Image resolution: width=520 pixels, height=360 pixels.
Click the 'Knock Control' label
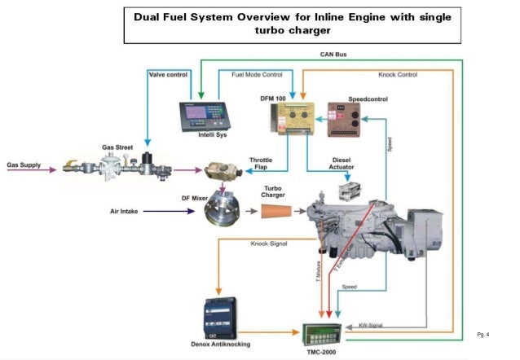397,74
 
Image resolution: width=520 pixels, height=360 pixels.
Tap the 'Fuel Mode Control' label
257,74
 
